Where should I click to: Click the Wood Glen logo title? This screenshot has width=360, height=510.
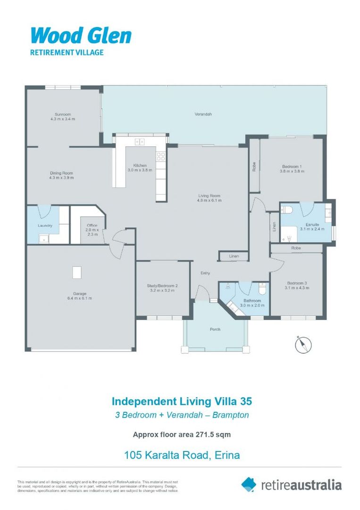81,36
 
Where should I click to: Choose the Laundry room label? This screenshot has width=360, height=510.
45,225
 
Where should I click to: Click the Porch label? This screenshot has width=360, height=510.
215,329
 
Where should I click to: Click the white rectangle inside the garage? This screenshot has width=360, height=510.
76,272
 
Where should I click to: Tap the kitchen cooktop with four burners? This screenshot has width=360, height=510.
161,154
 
